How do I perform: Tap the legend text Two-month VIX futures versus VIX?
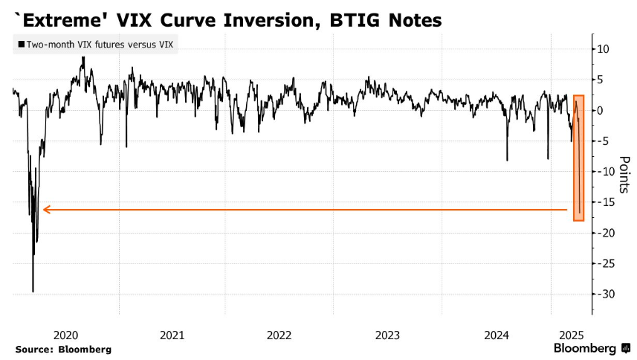[100, 45]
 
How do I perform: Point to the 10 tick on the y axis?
[603, 49]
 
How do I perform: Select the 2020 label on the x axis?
[67, 335]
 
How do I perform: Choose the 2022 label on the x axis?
[280, 335]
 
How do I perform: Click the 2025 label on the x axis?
[570, 335]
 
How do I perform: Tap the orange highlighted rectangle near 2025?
[578, 158]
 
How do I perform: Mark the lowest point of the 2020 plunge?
[33, 292]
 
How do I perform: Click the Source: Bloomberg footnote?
[62, 349]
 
